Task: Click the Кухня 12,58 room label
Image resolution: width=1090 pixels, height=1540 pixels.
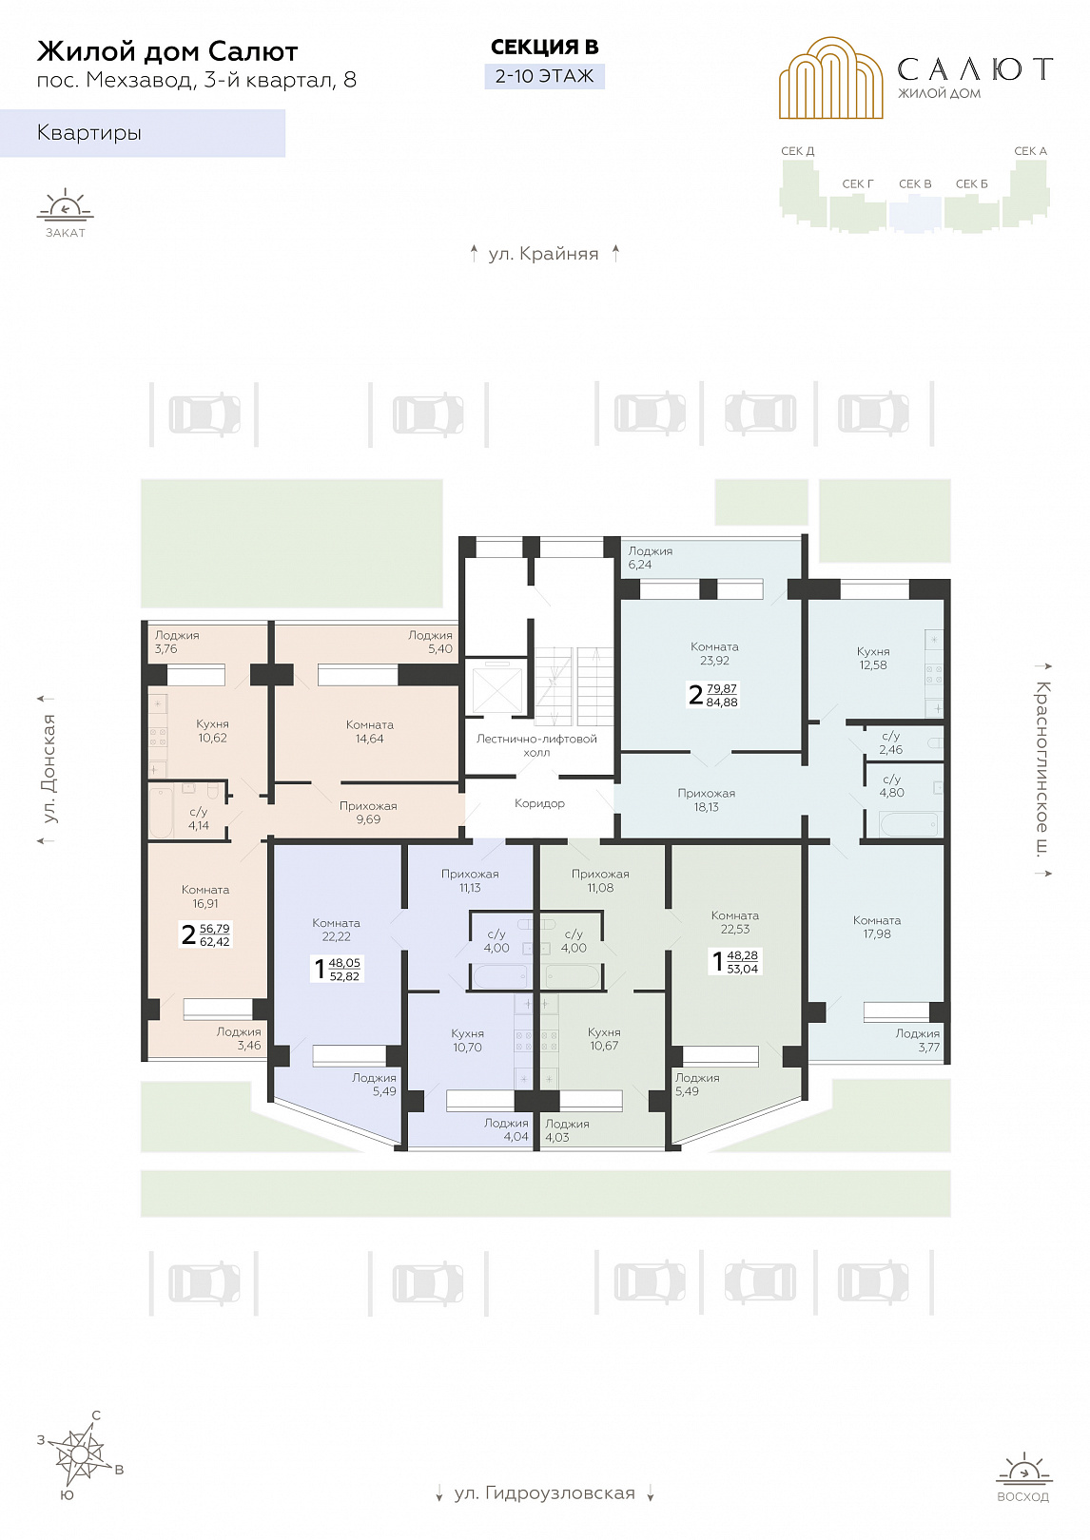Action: [x=873, y=658]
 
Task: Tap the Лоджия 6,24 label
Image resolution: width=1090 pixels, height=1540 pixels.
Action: [x=650, y=558]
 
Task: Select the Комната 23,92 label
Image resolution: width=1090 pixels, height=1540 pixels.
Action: [x=714, y=653]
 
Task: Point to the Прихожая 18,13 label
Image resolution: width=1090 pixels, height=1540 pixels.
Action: [x=707, y=799]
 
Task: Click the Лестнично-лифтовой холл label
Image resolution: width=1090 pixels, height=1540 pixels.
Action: [x=536, y=745]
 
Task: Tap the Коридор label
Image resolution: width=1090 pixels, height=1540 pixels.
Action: [x=539, y=803]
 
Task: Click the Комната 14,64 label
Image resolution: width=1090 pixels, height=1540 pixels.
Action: [x=369, y=732]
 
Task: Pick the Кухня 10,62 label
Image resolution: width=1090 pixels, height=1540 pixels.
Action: [x=212, y=731]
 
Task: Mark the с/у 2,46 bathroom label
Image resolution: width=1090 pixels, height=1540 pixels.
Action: [x=890, y=742]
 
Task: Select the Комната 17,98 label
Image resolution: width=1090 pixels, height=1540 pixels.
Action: [x=877, y=927]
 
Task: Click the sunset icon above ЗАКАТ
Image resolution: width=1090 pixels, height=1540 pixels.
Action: [x=66, y=205]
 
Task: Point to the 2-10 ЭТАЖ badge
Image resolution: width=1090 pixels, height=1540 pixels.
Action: [x=545, y=76]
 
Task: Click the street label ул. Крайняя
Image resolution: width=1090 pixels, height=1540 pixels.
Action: [x=543, y=254]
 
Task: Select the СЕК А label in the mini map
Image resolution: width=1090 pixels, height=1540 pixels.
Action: [x=1030, y=151]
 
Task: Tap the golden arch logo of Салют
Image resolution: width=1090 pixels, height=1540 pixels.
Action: [x=830, y=78]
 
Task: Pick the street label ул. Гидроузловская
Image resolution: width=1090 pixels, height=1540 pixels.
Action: [x=544, y=1492]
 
